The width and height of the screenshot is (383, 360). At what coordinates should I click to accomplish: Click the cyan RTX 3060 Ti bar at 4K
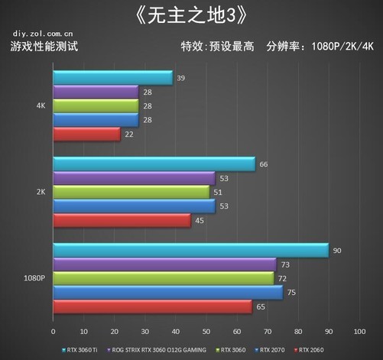(112, 78)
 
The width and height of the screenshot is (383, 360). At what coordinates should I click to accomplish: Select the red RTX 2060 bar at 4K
(86, 135)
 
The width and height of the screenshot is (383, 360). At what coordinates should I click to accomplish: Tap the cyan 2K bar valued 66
(154, 164)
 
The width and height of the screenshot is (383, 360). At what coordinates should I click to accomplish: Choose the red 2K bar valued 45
(122, 221)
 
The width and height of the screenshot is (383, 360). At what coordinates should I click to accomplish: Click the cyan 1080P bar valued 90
(190, 251)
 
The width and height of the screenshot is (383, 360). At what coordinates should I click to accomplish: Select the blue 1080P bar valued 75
(167, 293)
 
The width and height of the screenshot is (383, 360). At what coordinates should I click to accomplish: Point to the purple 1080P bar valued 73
(164, 264)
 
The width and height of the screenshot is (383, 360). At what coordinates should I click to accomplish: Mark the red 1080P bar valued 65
(152, 307)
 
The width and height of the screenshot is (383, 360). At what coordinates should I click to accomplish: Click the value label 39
(180, 78)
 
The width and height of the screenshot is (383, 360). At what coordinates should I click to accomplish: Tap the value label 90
(336, 250)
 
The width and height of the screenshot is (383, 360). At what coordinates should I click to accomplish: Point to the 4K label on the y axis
(41, 106)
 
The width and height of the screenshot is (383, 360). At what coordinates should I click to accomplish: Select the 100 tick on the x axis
(359, 332)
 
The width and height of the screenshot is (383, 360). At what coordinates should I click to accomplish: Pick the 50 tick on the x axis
(206, 332)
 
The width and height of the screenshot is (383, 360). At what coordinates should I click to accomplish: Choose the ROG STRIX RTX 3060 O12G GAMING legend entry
(157, 349)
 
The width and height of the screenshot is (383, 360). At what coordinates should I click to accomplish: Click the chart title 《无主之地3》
(191, 16)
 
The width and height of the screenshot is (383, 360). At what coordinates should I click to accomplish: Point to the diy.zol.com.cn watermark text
(43, 34)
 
